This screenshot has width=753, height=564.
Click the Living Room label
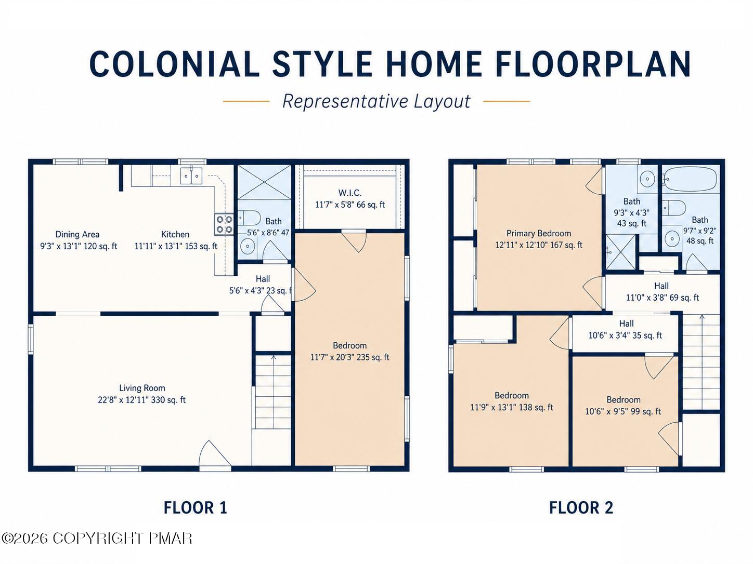point(142,388)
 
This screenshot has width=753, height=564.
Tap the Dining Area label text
point(77,234)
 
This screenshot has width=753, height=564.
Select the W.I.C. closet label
point(349,193)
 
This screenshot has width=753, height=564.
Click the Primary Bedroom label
point(539,233)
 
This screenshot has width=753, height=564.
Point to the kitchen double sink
point(191,176)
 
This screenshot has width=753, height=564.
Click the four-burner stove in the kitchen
point(224,224)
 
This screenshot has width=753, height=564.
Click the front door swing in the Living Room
point(215,453)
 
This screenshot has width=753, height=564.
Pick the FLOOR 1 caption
point(195,507)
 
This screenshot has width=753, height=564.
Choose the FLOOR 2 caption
point(581,507)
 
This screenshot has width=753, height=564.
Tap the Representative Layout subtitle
point(376,101)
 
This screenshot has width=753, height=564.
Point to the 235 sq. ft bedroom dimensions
point(349,357)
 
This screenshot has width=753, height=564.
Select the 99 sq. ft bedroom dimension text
point(623,411)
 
